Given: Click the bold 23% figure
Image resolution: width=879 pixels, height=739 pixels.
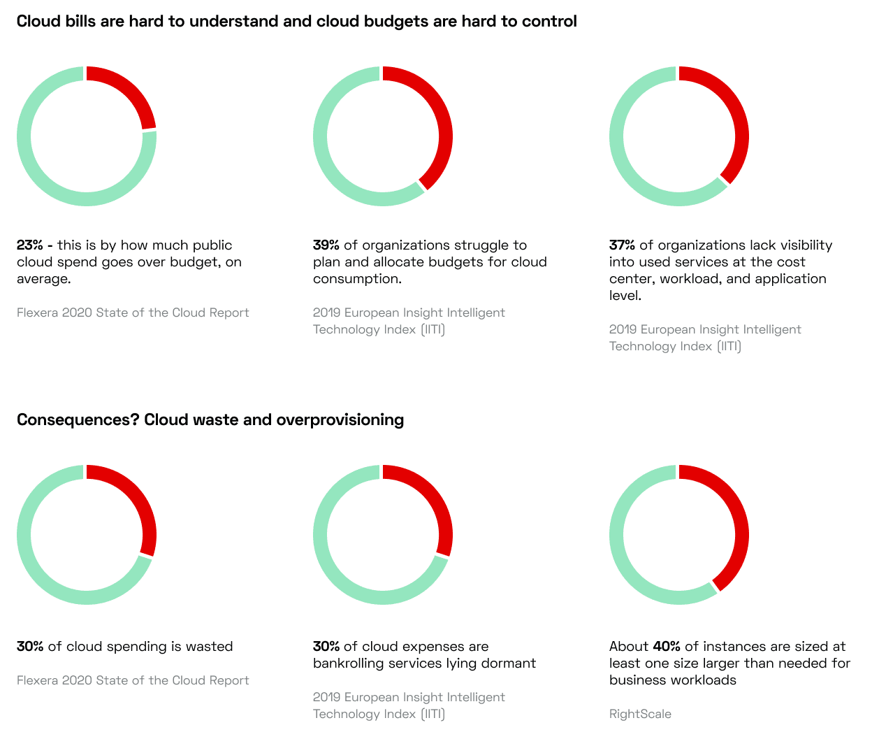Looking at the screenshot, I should [x=29, y=245].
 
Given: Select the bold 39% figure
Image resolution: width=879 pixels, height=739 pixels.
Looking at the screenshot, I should [x=326, y=245].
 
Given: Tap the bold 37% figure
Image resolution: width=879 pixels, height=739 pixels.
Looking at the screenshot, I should [x=623, y=245].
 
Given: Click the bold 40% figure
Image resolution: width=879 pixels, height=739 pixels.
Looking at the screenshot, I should [x=667, y=647].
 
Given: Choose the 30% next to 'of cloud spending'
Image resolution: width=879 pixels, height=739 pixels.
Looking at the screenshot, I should [x=30, y=647].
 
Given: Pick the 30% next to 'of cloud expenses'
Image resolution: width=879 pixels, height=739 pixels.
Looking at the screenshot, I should [x=326, y=647].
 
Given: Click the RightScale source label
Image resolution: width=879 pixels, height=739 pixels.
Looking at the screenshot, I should [x=640, y=714].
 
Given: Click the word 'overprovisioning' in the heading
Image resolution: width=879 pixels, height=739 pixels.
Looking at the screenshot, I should [x=340, y=420].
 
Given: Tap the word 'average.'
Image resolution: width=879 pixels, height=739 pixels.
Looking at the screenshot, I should [x=44, y=279].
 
